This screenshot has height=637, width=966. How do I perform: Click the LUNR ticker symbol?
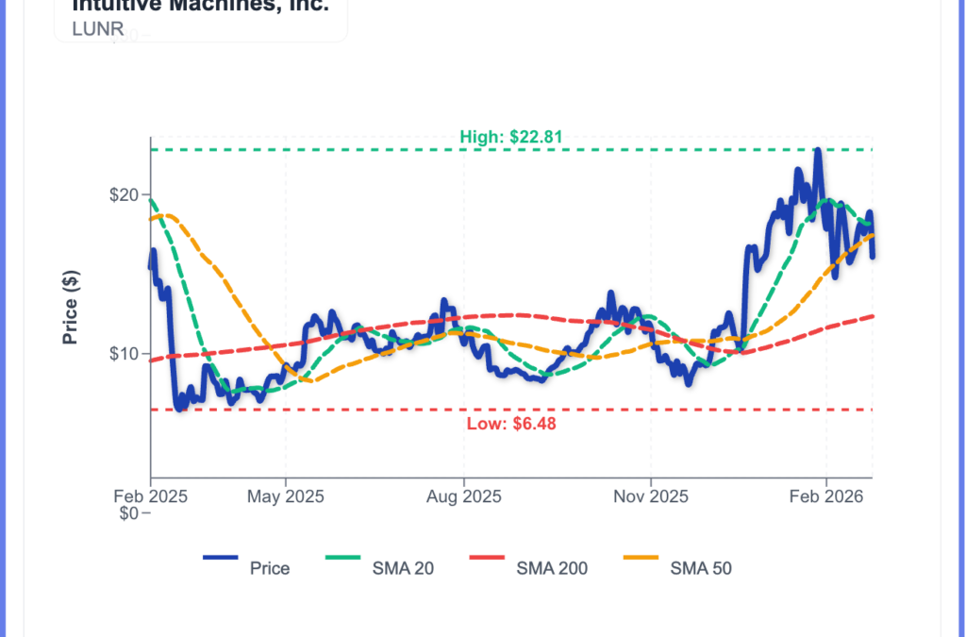(x=98, y=28)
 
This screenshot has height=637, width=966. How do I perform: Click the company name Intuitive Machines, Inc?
(x=201, y=6)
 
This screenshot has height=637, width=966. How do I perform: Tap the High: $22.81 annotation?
(x=511, y=137)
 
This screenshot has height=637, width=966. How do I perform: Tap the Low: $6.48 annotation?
(x=511, y=424)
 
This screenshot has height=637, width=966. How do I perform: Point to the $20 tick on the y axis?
(x=125, y=195)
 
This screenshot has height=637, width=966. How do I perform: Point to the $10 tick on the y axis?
(x=125, y=354)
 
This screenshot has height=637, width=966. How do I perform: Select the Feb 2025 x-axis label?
(x=150, y=495)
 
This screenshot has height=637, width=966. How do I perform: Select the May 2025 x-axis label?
(x=286, y=495)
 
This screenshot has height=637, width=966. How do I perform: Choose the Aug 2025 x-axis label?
(x=463, y=495)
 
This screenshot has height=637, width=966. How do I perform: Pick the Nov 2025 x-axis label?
(x=650, y=495)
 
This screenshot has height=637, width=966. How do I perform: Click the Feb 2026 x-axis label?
(x=826, y=495)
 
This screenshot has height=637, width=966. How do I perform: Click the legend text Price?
(x=270, y=568)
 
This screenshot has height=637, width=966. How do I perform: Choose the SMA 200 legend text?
(x=552, y=568)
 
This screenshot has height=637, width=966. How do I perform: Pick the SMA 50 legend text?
(x=701, y=568)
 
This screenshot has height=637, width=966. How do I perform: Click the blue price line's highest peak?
(x=818, y=149)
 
